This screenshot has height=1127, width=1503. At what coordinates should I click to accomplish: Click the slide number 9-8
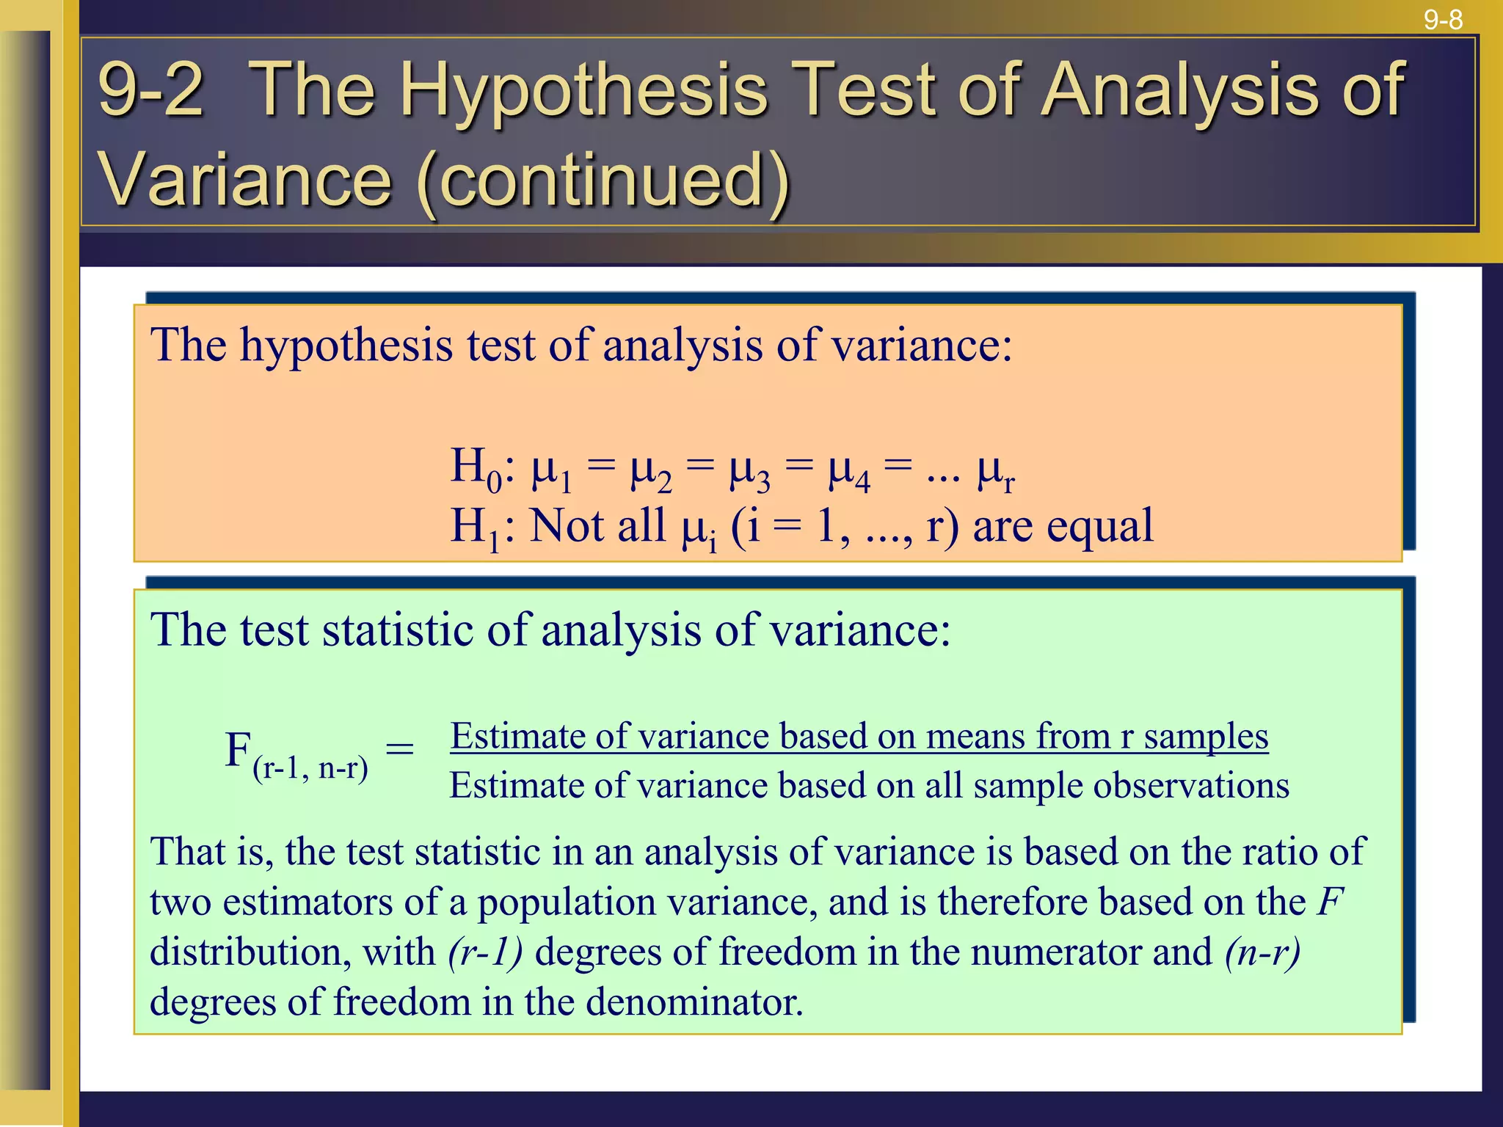(x=1443, y=20)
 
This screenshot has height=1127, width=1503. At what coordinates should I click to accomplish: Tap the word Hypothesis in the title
(x=583, y=90)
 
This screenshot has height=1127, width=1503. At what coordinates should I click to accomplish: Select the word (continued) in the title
(x=603, y=180)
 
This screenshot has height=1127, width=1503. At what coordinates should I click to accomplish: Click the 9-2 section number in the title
(x=150, y=90)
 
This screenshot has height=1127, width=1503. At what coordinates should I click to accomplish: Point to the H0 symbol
(x=476, y=468)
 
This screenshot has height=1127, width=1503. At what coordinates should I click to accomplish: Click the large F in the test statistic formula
(x=239, y=750)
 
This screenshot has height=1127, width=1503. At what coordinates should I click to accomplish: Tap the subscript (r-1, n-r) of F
(x=310, y=768)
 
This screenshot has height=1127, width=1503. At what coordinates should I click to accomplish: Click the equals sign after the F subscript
(x=400, y=749)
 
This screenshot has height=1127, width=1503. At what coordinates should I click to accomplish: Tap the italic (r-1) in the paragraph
(x=485, y=952)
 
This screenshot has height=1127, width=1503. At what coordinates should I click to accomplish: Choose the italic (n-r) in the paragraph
(x=1262, y=952)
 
